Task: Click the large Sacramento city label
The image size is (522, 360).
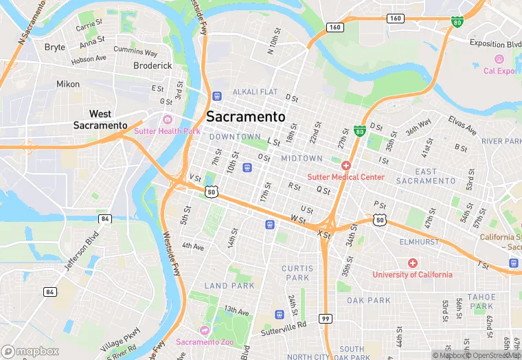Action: click(245, 117)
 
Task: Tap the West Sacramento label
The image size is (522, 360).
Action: click(100, 120)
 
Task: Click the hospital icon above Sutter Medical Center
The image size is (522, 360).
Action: click(345, 166)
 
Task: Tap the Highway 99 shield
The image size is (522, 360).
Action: click(326, 319)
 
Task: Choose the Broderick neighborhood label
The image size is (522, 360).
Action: click(152, 65)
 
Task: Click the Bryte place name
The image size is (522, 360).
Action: click(55, 47)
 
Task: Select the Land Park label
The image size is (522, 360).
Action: click(229, 286)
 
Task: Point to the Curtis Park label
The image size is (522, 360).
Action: click(297, 273)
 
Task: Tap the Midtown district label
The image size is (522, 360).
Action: click(302, 159)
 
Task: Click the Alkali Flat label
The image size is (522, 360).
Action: click(255, 92)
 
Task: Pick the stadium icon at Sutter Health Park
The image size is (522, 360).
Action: click(167, 120)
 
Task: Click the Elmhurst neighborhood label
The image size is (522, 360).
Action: click(420, 242)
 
